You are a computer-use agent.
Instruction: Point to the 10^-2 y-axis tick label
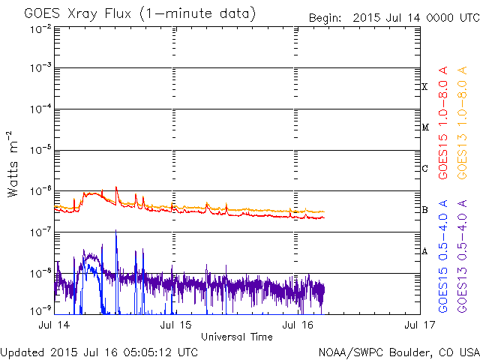tap(40, 28)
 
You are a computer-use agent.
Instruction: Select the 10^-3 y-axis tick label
tap(40, 68)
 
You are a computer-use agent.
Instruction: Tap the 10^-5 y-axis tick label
tap(40, 150)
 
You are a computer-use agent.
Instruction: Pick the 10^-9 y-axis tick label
tap(40, 309)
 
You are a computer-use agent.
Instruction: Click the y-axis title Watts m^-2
tap(13, 163)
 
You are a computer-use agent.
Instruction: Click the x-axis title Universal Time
tap(236, 337)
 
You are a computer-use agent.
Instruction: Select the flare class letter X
tap(424, 87)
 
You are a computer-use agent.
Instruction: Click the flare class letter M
tap(424, 127)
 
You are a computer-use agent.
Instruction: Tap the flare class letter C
tap(424, 168)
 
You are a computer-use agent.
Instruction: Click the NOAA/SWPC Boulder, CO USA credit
tap(397, 352)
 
